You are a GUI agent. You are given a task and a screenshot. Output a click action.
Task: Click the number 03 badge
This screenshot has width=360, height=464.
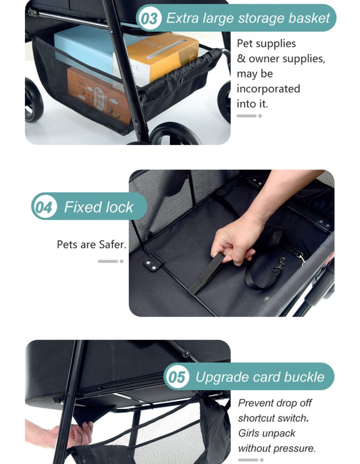(149, 19)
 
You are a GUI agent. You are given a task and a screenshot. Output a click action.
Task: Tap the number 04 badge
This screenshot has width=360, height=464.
(44, 207)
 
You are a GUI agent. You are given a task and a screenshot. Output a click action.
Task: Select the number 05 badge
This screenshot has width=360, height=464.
(177, 377)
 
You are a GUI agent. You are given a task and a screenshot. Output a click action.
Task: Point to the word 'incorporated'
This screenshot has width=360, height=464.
(268, 89)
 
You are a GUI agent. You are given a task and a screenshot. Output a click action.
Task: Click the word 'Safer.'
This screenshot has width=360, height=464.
(112, 244)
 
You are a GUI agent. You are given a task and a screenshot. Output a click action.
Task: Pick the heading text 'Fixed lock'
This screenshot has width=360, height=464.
(99, 207)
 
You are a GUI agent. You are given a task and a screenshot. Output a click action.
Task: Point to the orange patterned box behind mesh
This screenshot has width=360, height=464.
(99, 95)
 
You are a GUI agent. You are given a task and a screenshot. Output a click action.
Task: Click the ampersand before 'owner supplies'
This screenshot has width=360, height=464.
(241, 58)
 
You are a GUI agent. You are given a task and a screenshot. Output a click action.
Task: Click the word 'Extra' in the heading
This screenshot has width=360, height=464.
(182, 18)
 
